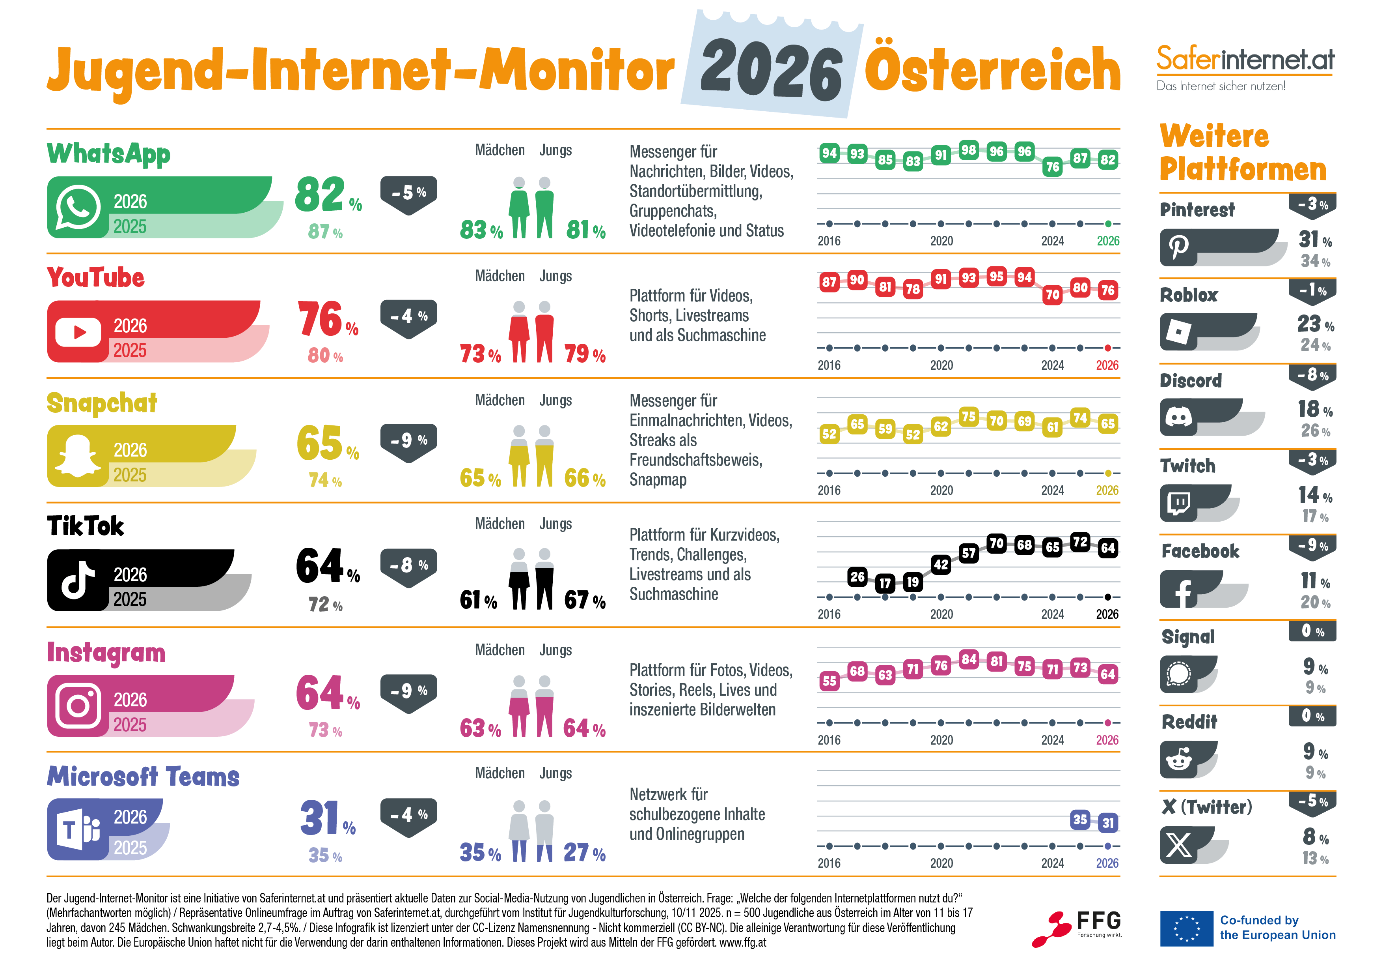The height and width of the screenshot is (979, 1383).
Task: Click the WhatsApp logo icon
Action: coord(78,208)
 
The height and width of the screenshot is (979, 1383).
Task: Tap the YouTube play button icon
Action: coord(78,332)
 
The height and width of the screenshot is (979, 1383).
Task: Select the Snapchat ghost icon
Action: coord(78,456)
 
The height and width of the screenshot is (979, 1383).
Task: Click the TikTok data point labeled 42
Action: coord(940,565)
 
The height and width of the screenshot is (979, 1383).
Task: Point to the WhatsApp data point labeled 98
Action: coord(968,150)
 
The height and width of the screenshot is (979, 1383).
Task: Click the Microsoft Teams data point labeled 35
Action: coord(1080,819)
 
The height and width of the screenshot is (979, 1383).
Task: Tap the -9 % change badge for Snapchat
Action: coord(408,441)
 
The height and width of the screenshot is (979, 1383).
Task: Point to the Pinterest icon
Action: coord(1178,247)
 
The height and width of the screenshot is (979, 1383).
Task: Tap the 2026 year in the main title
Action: coord(771,71)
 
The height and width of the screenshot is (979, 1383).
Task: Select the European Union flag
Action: coord(1186,928)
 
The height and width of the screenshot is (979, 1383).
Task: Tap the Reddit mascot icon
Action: coord(1178,760)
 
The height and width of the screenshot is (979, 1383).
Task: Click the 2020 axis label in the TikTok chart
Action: coord(941,614)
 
